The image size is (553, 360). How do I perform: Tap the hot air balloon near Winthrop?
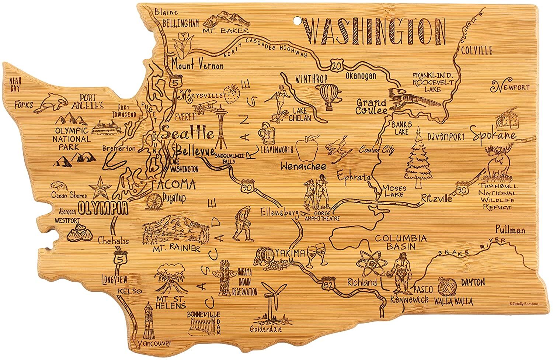click(328, 96)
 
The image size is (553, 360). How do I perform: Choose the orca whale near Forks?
click(51, 102)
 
